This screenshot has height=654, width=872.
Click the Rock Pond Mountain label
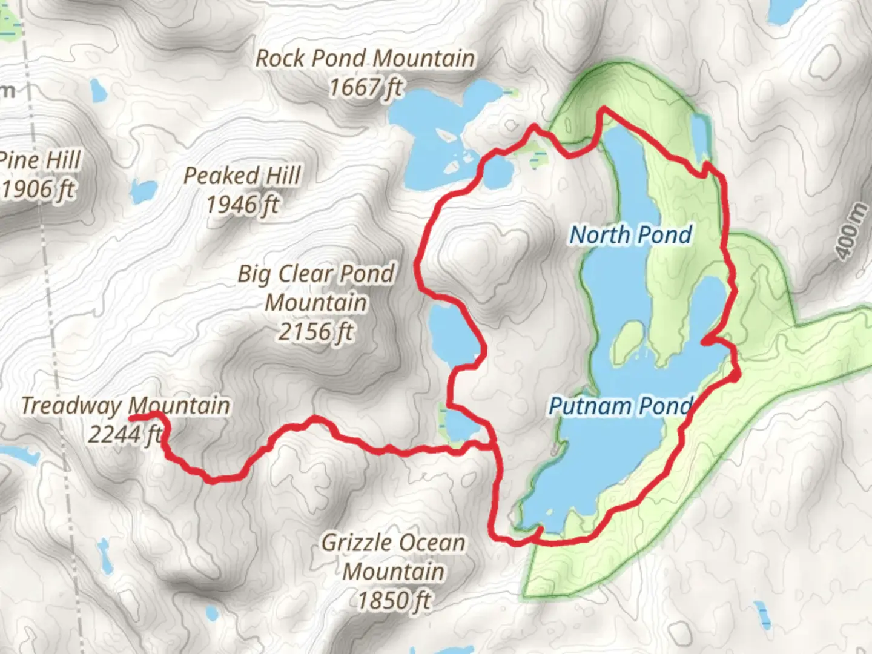(365, 59)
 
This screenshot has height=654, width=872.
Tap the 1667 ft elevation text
(365, 88)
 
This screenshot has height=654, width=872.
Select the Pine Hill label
(40, 161)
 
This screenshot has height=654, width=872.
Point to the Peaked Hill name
(242, 176)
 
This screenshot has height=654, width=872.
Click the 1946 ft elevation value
(242, 205)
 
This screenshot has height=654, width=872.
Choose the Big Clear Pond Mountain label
(315, 288)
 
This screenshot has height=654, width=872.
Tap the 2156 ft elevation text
(315, 331)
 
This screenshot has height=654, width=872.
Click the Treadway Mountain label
(125, 405)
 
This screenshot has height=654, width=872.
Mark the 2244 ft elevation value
(124, 434)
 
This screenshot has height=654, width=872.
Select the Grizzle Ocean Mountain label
(394, 557)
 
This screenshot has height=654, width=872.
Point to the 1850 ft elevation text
(394, 601)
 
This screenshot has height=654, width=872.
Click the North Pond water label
(630, 235)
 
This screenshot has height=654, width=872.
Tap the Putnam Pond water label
(619, 406)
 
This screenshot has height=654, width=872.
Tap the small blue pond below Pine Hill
(143, 193)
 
